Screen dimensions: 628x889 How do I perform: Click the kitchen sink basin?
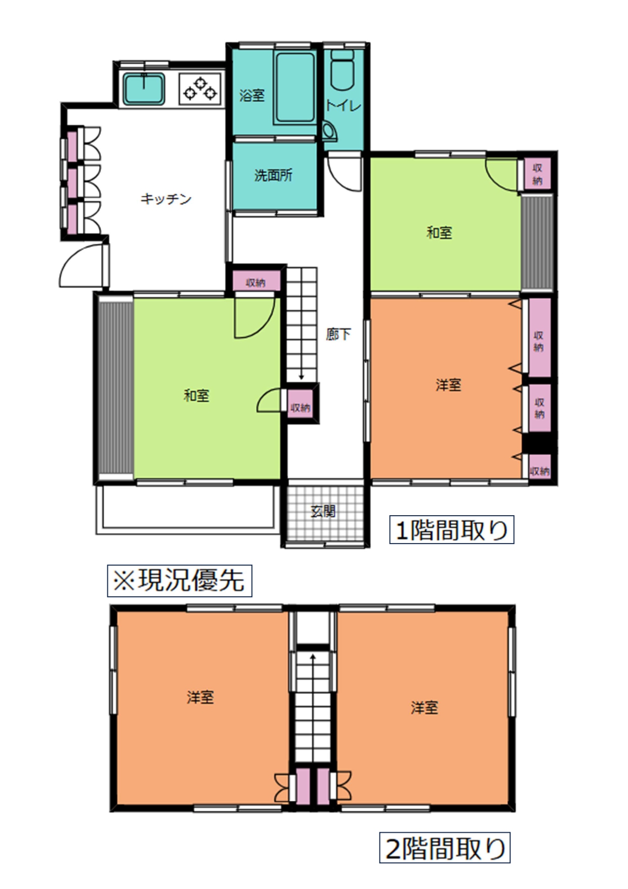(x=144, y=89)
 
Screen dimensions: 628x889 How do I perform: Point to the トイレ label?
(x=343, y=105)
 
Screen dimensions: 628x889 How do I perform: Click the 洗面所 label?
(x=273, y=175)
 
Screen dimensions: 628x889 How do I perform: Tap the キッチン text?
(x=166, y=199)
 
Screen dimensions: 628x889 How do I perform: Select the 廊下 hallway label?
(x=339, y=334)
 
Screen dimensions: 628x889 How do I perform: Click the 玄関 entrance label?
(x=323, y=511)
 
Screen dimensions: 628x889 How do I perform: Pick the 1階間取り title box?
(x=451, y=530)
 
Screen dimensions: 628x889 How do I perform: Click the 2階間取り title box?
(x=445, y=848)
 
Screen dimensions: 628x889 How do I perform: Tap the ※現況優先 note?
(x=179, y=581)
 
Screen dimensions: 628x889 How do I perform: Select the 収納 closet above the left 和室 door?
(x=256, y=282)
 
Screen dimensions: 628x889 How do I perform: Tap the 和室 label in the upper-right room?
(x=439, y=233)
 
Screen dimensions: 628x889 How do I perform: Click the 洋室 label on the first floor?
(x=448, y=385)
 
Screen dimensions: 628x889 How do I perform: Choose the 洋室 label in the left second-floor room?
(x=200, y=698)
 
